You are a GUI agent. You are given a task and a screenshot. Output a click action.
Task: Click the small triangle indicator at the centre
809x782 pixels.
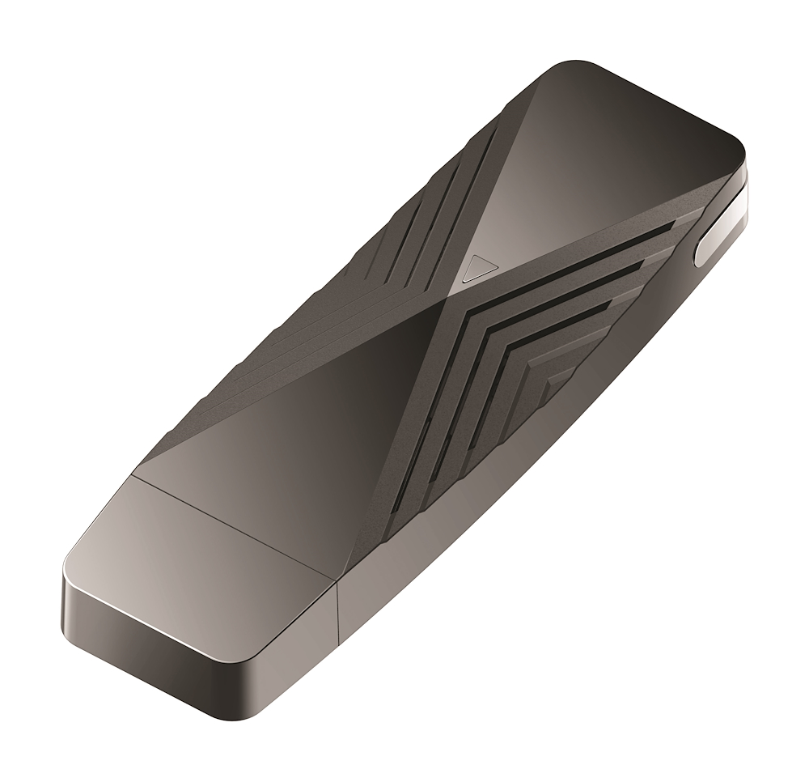point(480,267)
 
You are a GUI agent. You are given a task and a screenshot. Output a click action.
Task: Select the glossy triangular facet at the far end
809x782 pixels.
point(623,146)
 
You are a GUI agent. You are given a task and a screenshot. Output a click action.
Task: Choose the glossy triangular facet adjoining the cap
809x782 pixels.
point(275,421)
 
